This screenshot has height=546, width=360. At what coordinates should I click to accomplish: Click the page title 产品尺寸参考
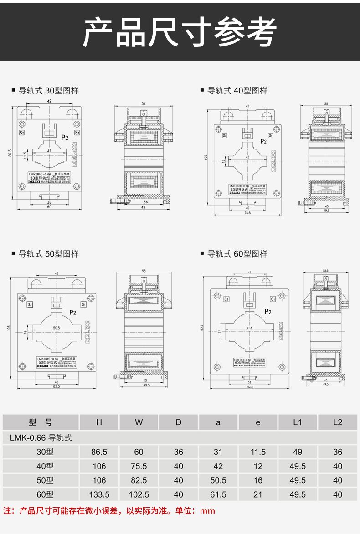click(x=180, y=32)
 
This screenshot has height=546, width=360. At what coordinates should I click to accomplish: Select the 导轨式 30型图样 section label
click(x=48, y=90)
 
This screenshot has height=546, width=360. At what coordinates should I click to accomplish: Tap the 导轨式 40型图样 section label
click(x=237, y=90)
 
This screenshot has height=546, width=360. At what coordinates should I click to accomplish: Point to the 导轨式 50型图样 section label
click(x=48, y=253)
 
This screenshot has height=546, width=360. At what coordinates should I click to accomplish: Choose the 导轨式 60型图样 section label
click(x=237, y=253)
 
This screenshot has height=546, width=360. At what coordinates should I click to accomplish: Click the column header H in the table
click(x=99, y=422)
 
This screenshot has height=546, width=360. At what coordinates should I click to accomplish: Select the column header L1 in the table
click(x=297, y=422)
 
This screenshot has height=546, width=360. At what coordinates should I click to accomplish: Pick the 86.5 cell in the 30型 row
click(x=99, y=452)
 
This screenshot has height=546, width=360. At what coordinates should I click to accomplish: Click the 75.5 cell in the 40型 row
click(x=139, y=466)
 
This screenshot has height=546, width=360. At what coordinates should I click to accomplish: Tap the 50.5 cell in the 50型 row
click(x=218, y=480)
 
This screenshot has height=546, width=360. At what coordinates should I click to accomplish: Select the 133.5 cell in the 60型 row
click(x=99, y=494)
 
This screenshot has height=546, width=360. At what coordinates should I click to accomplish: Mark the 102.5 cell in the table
click(x=139, y=494)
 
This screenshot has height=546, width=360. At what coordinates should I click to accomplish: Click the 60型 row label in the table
click(x=45, y=494)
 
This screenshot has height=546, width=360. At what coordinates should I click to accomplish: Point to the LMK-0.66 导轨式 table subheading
click(x=41, y=438)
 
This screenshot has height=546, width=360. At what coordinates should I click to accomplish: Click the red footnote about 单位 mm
click(x=109, y=510)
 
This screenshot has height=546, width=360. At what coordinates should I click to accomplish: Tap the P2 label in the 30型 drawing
click(x=65, y=137)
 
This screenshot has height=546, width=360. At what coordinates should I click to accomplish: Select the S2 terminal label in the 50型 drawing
click(x=30, y=304)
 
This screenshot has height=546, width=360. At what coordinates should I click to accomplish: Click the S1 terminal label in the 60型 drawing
click(x=273, y=299)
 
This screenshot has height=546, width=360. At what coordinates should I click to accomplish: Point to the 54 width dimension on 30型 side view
click(x=144, y=104)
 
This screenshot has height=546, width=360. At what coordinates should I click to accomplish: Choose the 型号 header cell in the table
click(x=41, y=422)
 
